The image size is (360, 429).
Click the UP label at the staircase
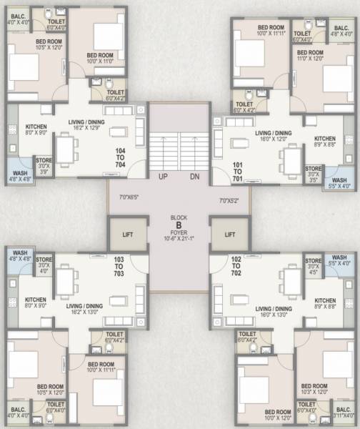[164, 177]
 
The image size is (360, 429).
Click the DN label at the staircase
[194, 177]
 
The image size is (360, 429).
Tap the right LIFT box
[230, 234]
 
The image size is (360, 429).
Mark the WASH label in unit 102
[339, 257]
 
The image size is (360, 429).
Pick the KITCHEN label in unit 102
[325, 301]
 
